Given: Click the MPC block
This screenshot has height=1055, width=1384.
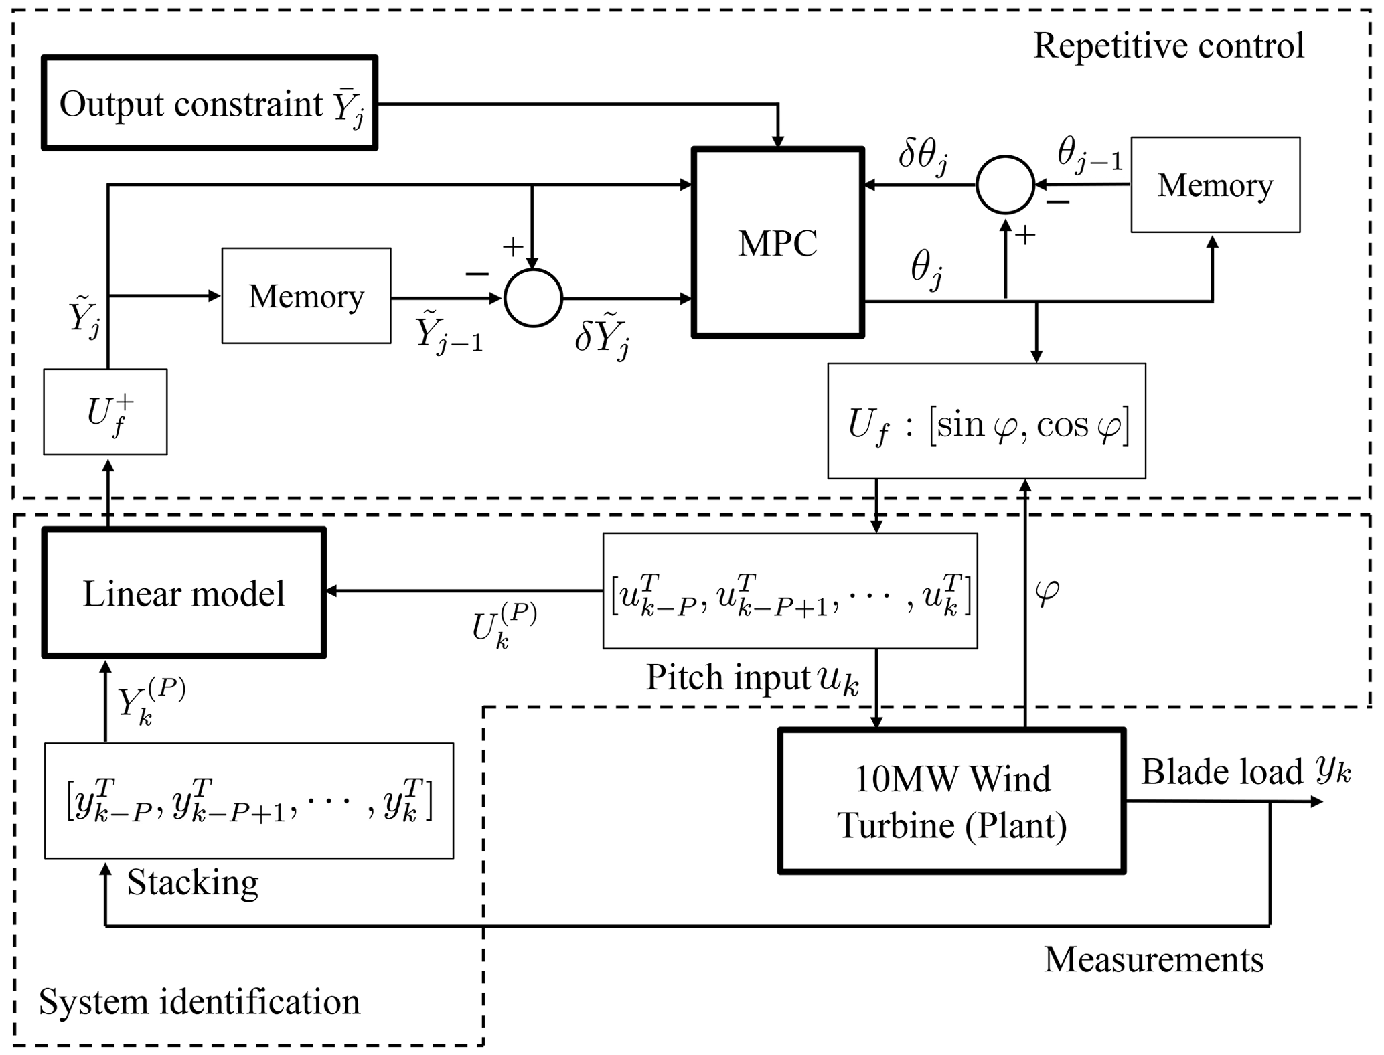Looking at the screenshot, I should (777, 242).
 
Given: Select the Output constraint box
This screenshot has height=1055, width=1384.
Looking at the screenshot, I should (210, 102).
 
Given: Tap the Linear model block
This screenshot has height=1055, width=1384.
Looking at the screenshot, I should (184, 593).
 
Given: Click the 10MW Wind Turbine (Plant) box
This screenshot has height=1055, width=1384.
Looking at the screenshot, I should (951, 801).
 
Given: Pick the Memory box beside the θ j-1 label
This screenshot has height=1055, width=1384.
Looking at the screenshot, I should (1215, 185).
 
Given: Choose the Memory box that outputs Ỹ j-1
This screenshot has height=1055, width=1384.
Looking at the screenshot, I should (306, 296).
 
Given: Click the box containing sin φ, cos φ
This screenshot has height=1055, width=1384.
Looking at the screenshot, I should (986, 421).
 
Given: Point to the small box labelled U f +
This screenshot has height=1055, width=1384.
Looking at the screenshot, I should (105, 412).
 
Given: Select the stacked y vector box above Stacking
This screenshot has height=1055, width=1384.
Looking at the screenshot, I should (248, 801).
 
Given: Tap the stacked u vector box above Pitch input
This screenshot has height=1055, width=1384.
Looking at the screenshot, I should (790, 591).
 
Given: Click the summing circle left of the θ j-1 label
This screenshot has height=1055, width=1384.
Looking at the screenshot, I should (1005, 185).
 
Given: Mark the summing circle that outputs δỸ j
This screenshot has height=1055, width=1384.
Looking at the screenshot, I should (533, 298).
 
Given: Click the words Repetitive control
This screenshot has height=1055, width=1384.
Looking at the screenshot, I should (1168, 46).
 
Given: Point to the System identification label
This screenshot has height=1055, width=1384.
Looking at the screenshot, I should (200, 1002).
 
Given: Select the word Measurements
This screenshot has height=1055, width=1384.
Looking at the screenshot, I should (1154, 959).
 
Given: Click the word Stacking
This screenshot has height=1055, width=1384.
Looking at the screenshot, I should (193, 882).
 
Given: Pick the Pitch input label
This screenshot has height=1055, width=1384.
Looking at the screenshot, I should (752, 678).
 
